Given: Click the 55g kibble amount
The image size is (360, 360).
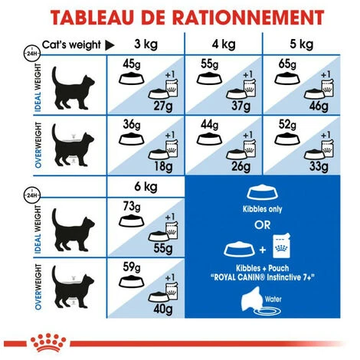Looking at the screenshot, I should (x=208, y=64).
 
